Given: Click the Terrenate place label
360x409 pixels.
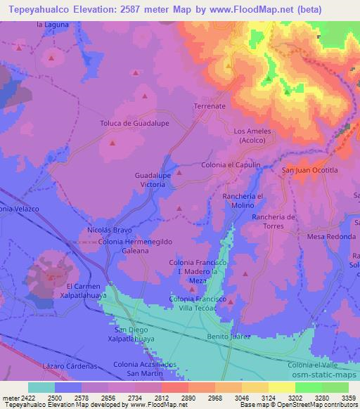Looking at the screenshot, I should click(x=209, y=105).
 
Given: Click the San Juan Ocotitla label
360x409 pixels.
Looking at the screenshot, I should click(x=310, y=170).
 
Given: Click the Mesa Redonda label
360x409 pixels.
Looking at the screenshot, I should click(x=331, y=237).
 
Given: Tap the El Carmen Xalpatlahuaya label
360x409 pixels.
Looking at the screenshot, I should click(x=89, y=292).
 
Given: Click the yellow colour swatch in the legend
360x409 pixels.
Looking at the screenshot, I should click(x=281, y=387).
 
